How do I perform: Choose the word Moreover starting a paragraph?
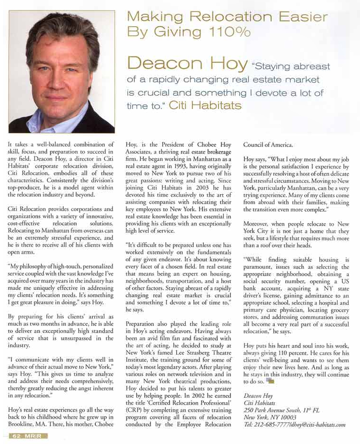point(257,224)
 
